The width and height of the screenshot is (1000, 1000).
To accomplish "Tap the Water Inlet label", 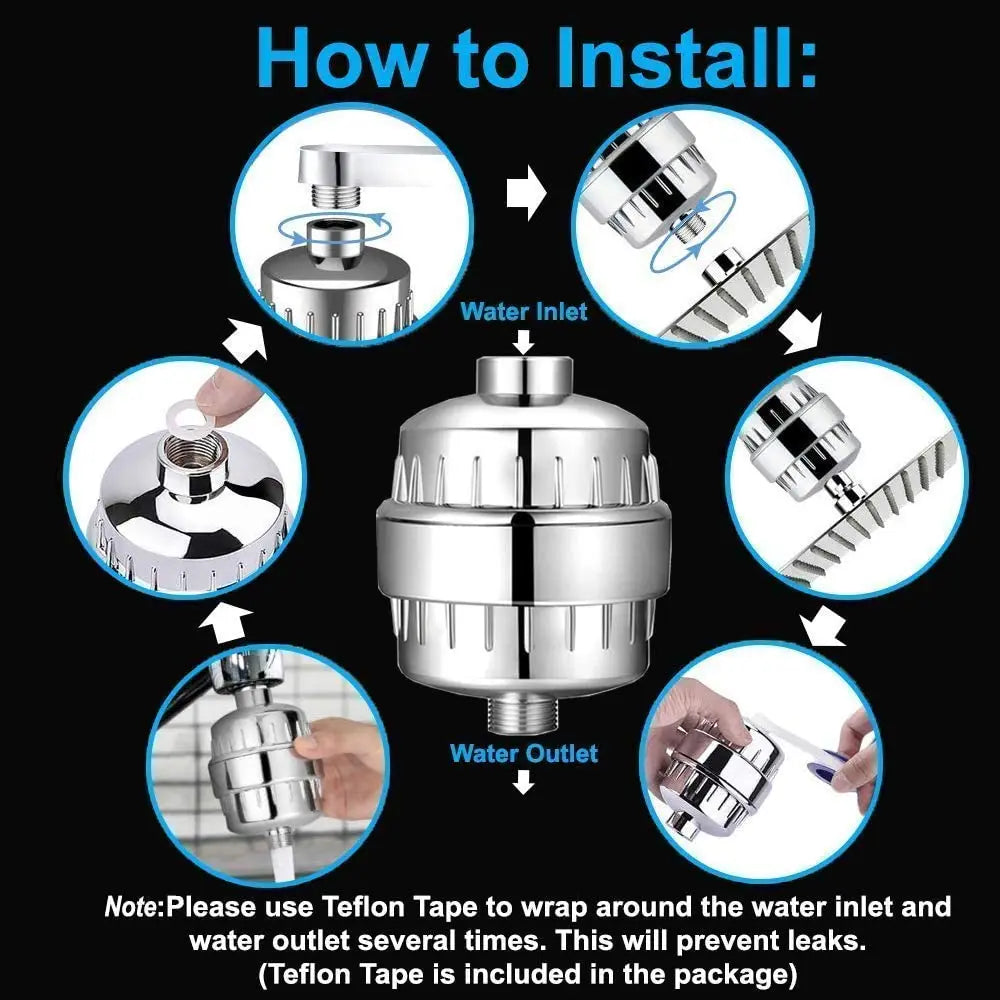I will point(524,311).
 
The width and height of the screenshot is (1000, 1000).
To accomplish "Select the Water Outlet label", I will point(524,753).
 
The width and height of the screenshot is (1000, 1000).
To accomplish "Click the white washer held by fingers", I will point(184,412).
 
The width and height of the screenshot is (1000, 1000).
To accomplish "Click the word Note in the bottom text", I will point(134,908).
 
